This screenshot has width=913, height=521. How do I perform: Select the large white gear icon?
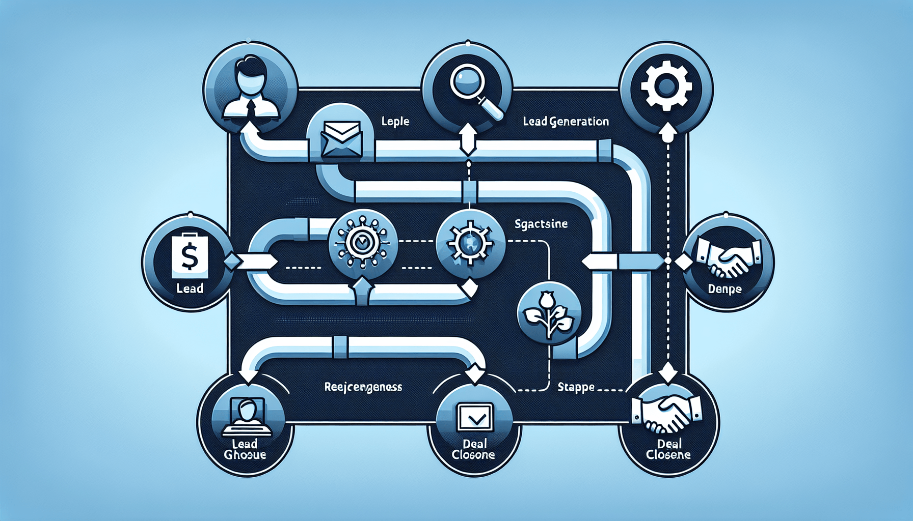666,87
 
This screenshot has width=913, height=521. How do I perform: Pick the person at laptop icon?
247,417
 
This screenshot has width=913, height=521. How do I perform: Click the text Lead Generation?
566,122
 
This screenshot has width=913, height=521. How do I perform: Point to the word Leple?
395,122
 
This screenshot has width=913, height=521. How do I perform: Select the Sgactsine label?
541,224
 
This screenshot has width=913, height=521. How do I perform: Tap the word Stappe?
576,387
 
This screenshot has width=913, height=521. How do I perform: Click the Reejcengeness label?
363,387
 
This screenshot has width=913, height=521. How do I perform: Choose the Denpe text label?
724,289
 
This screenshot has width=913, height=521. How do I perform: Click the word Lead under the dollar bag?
190,288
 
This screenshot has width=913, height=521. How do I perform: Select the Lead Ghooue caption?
245,449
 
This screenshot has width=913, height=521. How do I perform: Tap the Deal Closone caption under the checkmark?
473,449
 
